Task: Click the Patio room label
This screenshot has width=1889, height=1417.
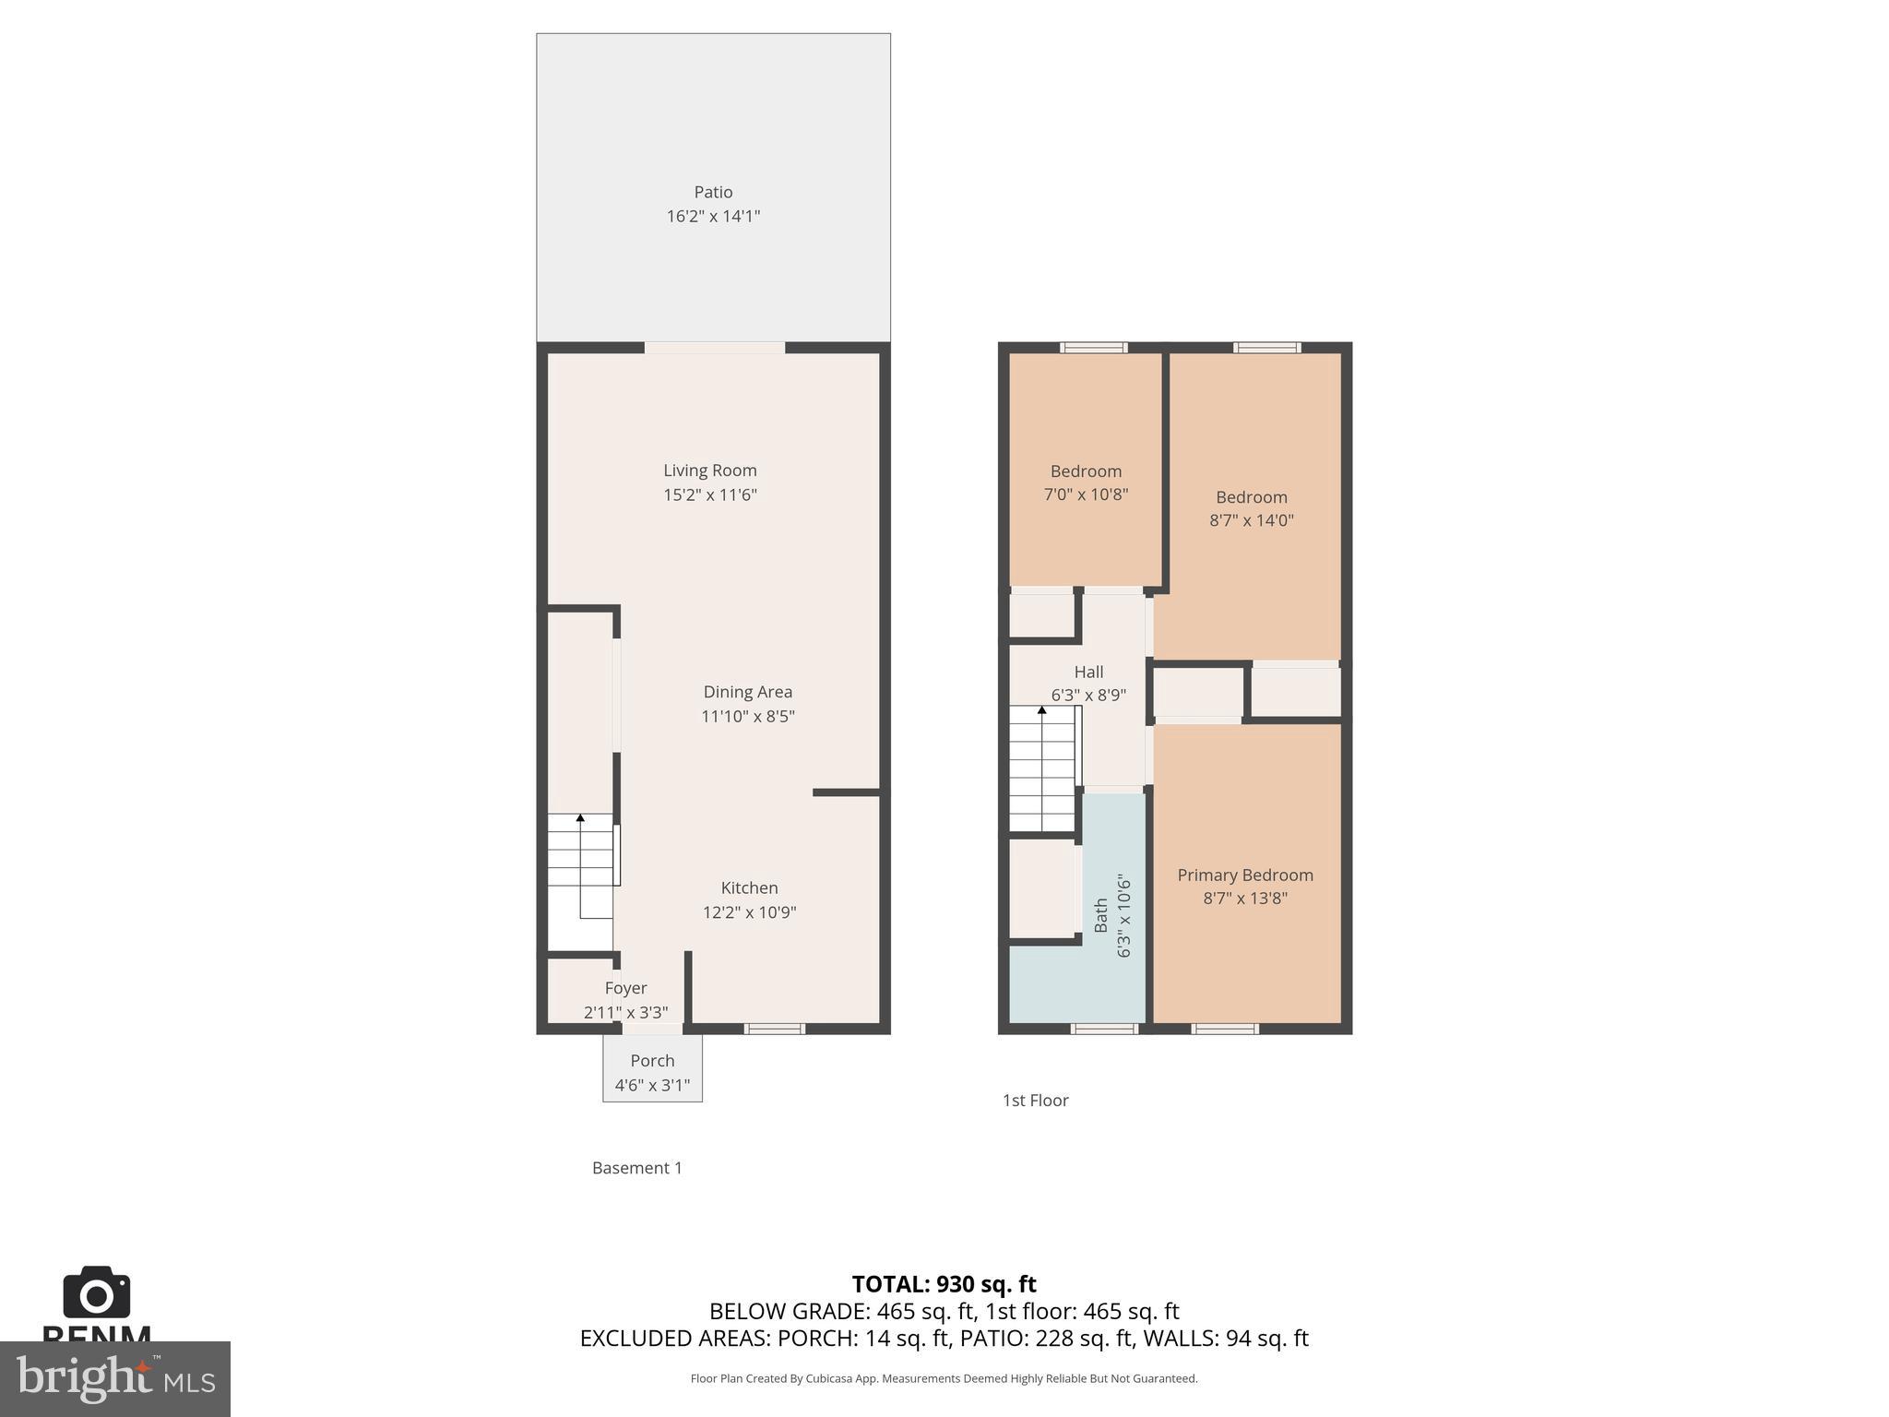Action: pos(713,192)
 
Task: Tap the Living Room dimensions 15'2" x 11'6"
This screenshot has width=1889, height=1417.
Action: pos(710,494)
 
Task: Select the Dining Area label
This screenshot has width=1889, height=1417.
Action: pos(747,692)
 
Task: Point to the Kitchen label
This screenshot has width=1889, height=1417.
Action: pos(749,887)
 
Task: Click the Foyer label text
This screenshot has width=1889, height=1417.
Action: pos(625,988)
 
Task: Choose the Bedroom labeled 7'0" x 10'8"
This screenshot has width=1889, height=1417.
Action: pos(1086,482)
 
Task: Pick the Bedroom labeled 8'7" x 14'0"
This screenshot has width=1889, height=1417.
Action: pos(1251,508)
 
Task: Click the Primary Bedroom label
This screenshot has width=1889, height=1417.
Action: pos(1245,875)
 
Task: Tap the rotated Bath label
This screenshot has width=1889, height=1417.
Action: pos(1101,915)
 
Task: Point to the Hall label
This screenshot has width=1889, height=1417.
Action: pos(1088,672)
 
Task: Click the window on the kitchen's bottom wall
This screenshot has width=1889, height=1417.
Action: pos(774,1029)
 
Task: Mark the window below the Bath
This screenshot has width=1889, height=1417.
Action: pos(1104,1029)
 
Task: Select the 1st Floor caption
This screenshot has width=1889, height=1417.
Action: pos(1035,1100)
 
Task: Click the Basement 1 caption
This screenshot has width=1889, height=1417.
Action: pos(636,1168)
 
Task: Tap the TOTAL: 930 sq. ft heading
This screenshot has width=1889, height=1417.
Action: pos(944,1284)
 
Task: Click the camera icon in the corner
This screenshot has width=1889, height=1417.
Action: pos(96,1293)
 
